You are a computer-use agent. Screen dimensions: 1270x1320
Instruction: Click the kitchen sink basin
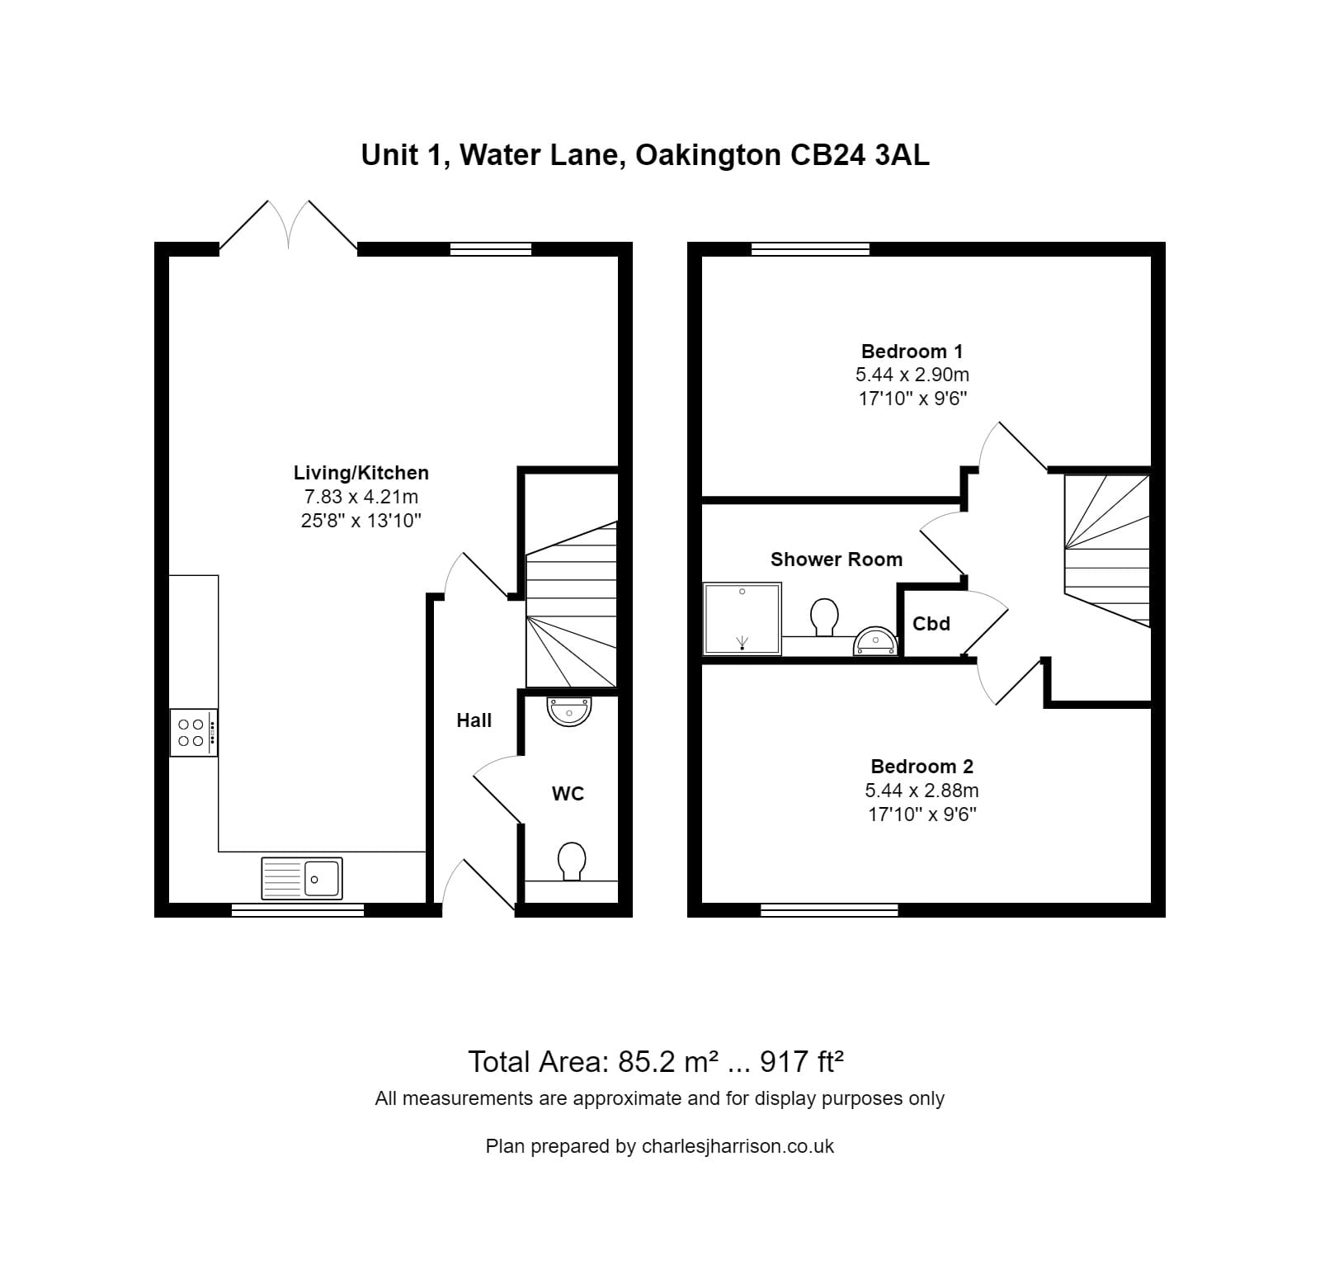tap(322, 878)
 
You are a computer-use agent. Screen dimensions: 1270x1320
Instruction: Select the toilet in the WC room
tap(571, 861)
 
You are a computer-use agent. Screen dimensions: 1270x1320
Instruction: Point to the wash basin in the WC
tap(569, 711)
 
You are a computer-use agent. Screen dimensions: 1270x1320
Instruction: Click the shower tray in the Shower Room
tap(742, 618)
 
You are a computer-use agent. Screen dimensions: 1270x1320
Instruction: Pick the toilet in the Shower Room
tap(824, 616)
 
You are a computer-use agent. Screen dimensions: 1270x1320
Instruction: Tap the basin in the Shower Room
tap(875, 640)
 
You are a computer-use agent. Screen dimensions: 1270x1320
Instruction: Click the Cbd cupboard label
tap(931, 624)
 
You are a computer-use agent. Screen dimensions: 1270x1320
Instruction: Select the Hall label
tap(474, 720)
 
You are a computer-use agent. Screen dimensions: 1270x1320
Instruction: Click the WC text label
tap(568, 794)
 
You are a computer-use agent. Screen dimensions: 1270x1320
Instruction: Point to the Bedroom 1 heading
tap(912, 352)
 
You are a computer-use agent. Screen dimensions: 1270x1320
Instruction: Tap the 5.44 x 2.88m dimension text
tap(922, 791)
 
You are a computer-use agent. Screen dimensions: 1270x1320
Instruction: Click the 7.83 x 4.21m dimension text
tap(361, 497)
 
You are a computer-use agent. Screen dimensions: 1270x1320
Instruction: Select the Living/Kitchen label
tap(361, 473)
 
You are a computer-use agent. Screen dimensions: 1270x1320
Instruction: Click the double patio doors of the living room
tap(288, 224)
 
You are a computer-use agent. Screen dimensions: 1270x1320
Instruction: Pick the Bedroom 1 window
tap(810, 249)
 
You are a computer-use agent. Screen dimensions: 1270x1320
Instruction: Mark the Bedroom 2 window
tap(828, 909)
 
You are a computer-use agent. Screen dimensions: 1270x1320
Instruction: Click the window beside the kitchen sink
tap(297, 909)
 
